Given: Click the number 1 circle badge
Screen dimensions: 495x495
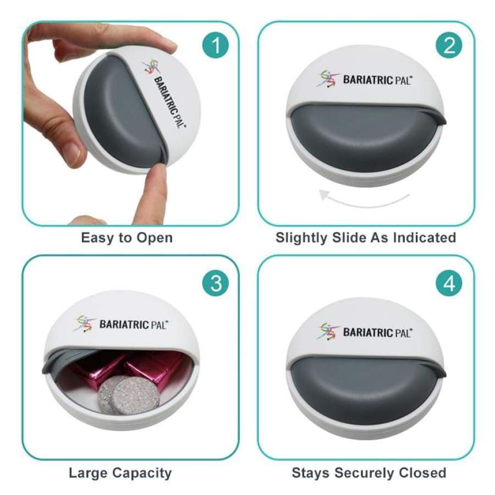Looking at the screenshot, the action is point(216,45).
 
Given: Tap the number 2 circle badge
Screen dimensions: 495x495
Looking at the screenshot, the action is point(449,45).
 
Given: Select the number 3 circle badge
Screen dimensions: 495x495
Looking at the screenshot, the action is point(216,283).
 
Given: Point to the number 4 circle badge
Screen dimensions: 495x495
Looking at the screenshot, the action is point(449,283).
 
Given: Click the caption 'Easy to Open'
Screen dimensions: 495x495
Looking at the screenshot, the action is point(127,238).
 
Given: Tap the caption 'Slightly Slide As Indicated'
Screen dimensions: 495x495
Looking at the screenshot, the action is point(366,238).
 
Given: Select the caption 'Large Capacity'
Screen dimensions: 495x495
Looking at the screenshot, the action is point(120,473).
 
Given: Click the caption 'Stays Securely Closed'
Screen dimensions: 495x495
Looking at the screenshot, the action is point(369,473).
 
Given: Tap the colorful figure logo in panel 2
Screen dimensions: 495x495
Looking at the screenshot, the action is point(328,78).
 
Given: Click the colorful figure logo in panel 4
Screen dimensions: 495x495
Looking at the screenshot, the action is point(328,332).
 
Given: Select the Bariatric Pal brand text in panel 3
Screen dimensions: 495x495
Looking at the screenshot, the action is point(134,324).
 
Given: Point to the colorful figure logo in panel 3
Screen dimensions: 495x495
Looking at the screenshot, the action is point(85,323).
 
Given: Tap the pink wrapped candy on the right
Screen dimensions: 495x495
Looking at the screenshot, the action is point(155,368).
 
